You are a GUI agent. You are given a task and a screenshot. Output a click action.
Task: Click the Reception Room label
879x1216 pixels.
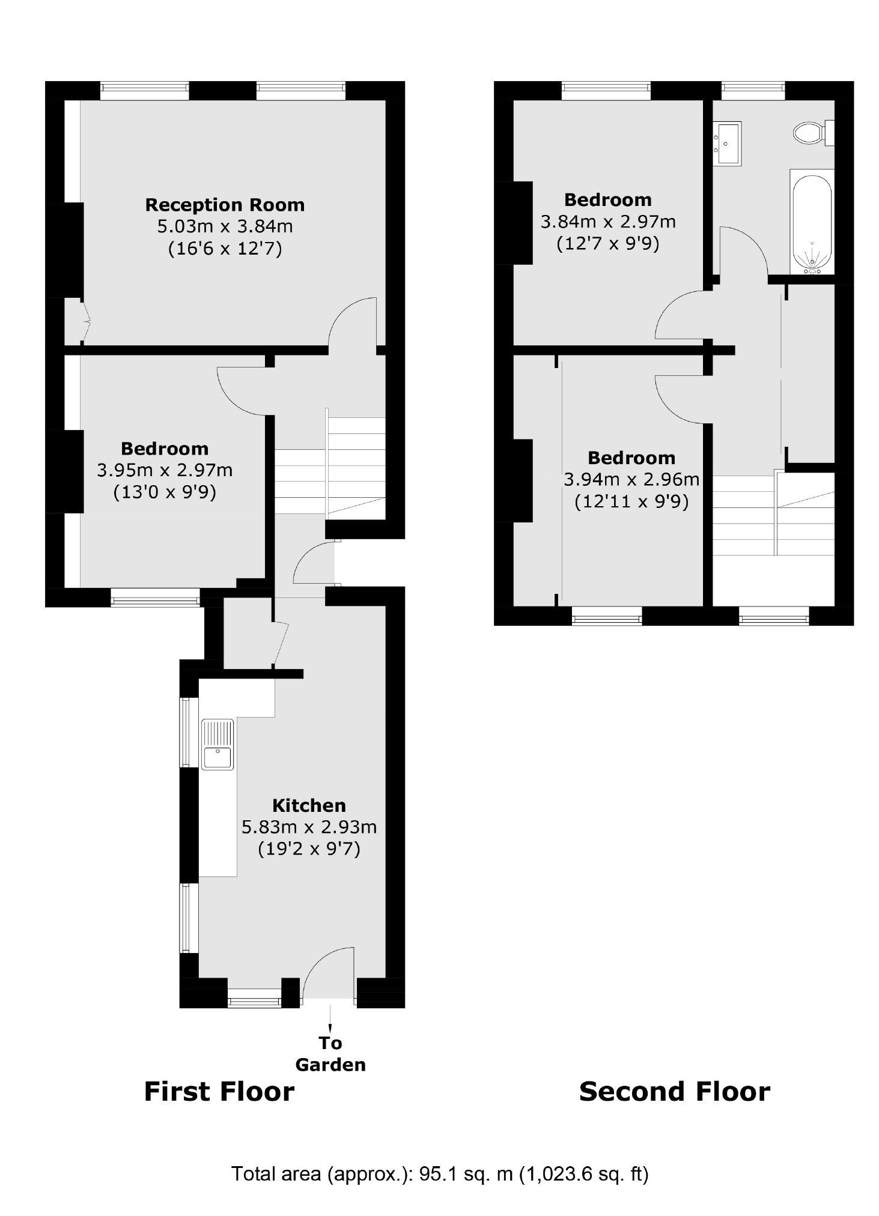click(x=225, y=205)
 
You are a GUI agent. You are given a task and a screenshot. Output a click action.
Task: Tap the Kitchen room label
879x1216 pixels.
click(x=309, y=805)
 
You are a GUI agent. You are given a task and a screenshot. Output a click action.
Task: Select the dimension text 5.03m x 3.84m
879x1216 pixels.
click(x=225, y=227)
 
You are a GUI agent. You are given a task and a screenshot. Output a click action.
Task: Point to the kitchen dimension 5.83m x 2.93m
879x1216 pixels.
click(x=309, y=827)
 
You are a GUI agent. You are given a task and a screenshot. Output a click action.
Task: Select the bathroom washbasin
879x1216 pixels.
click(x=726, y=143)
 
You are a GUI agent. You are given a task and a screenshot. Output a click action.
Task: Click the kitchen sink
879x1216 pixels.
click(x=217, y=745)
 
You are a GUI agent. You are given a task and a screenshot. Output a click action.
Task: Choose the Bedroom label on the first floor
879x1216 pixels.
click(x=165, y=449)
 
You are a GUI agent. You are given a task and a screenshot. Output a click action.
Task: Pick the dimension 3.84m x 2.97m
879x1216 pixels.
click(x=608, y=222)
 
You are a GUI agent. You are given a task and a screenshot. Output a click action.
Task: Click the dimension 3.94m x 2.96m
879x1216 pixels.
click(x=631, y=479)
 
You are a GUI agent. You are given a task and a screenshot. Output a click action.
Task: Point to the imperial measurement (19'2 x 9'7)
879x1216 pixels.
click(x=309, y=849)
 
